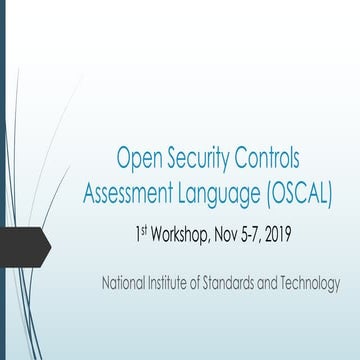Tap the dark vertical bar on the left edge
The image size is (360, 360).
tap(3, 180)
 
